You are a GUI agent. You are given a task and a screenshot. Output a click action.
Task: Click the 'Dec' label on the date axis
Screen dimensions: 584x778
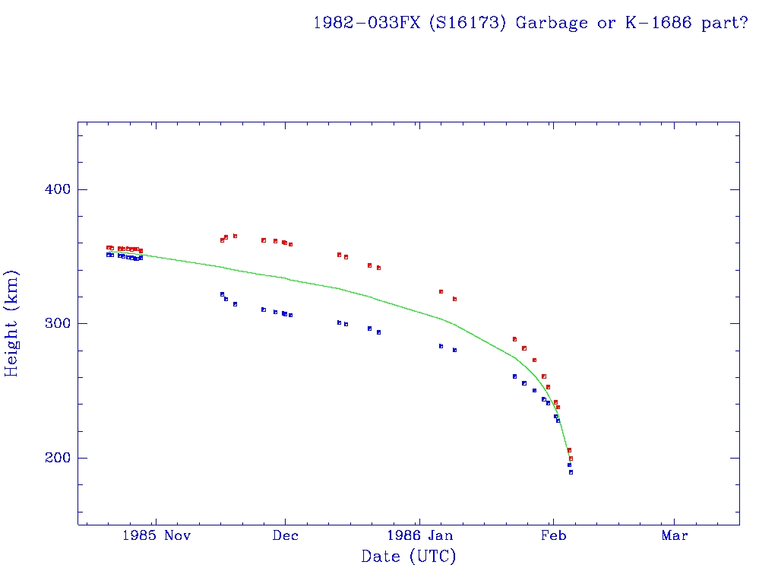coord(285,535)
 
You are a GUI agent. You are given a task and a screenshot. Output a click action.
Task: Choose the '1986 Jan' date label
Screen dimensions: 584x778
coord(419,535)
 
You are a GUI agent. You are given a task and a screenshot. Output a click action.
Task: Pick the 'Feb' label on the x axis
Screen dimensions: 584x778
coord(553,535)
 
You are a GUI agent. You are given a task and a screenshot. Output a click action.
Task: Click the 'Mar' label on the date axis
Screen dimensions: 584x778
coord(675,535)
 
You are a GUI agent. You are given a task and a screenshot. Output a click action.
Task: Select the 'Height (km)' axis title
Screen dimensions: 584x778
coord(12,323)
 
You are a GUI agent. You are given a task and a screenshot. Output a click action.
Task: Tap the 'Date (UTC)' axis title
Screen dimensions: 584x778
coord(409,557)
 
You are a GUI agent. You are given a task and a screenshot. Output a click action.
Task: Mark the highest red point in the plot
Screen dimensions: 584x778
coord(235,236)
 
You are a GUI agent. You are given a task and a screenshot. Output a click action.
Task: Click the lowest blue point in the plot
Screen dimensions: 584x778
coord(571,472)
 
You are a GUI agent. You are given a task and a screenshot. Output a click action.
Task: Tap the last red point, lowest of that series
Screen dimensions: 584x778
coord(571,459)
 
